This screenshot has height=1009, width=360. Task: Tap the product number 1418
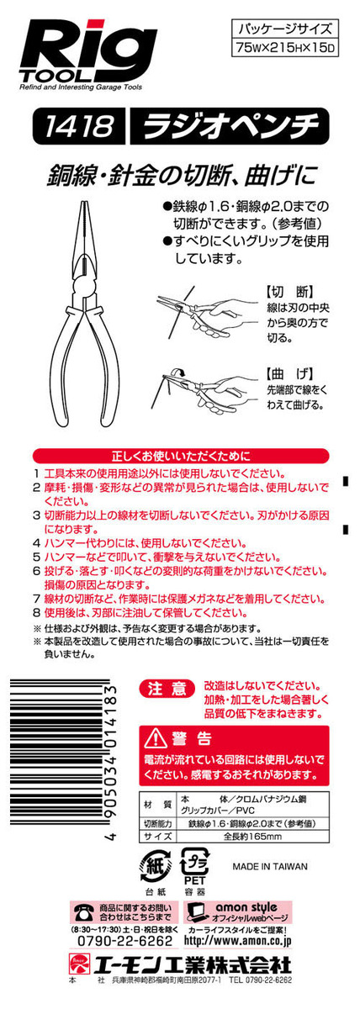click(x=78, y=124)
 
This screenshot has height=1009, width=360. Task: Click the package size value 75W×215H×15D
click(x=284, y=47)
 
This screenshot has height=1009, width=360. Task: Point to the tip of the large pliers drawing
click(x=84, y=200)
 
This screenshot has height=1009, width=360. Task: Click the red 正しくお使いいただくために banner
click(x=181, y=456)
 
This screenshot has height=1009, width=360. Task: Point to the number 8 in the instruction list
click(x=37, y=613)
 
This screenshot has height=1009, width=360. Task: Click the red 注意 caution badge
click(x=167, y=689)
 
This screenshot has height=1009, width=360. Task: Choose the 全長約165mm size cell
click(x=253, y=837)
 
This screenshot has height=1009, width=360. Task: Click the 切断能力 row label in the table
click(x=157, y=823)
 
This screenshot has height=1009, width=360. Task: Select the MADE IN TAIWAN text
click(x=270, y=866)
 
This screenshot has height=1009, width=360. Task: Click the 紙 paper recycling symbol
click(x=156, y=866)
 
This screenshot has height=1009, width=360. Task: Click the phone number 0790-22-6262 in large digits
click(x=124, y=941)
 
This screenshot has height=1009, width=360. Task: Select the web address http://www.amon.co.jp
click(x=237, y=941)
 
